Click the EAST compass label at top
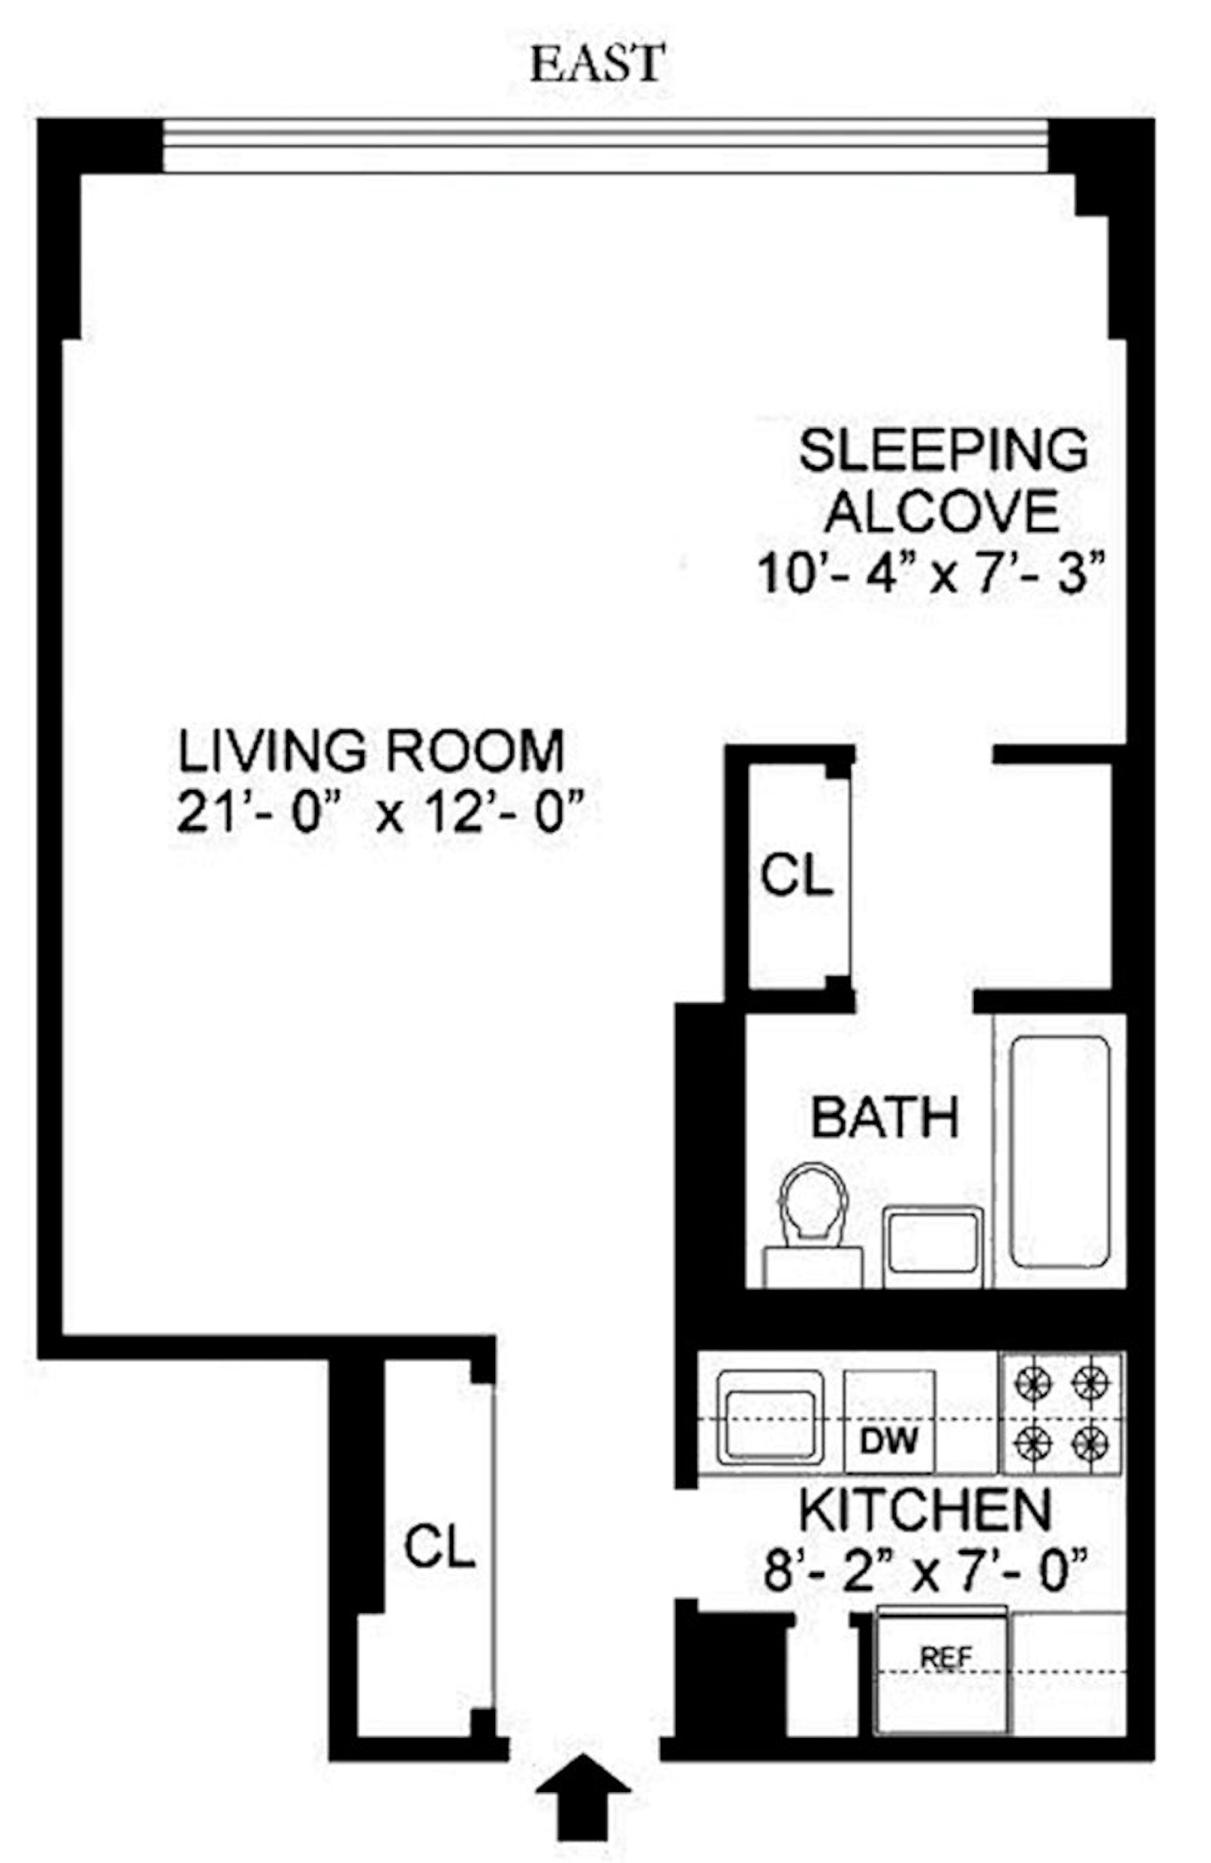[597, 64]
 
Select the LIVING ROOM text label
[371, 751]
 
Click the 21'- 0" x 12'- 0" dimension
[381, 812]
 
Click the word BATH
[885, 1118]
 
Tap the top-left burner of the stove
[1032, 1386]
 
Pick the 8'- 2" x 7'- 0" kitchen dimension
[926, 1569]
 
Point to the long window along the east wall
[604, 145]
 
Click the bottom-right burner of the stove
[1091, 1438]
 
